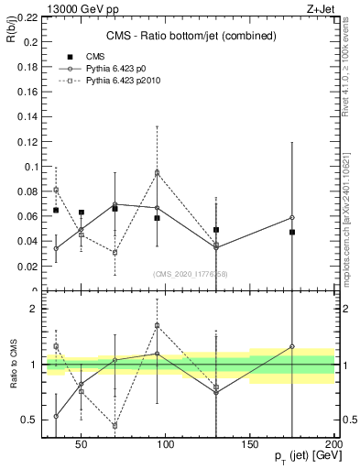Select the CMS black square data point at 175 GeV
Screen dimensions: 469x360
pyautogui.click(x=292, y=233)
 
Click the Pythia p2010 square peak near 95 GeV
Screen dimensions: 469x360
pyautogui.click(x=158, y=172)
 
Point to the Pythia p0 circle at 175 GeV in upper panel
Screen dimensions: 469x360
pyautogui.click(x=292, y=217)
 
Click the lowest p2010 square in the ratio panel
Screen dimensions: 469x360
pyautogui.click(x=115, y=425)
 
